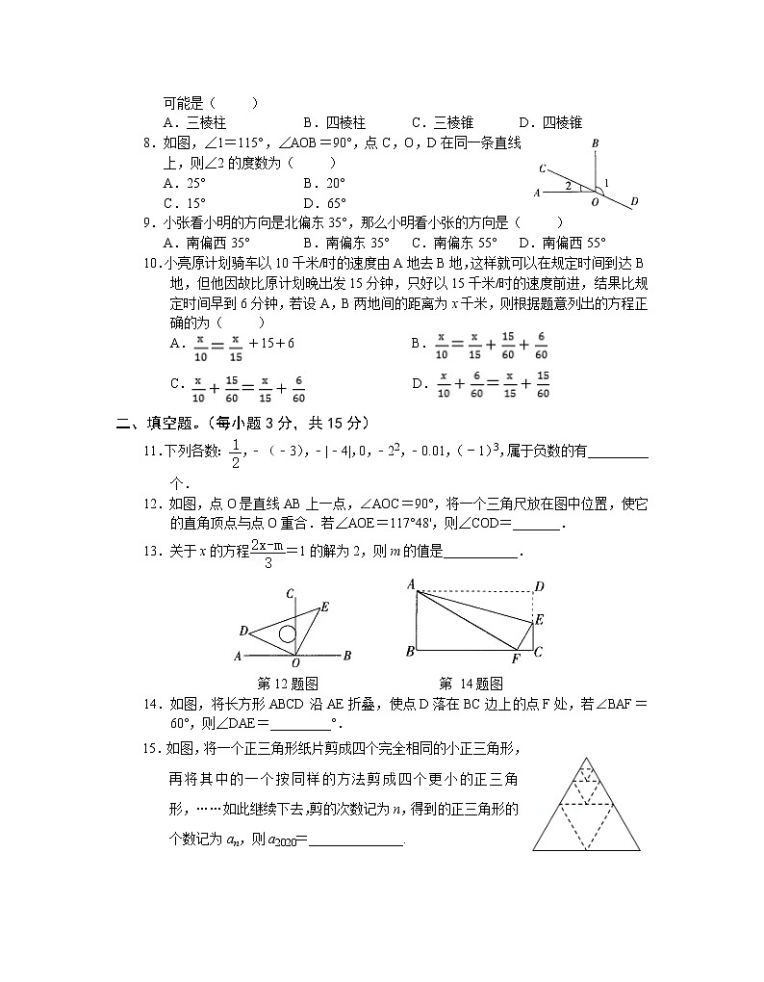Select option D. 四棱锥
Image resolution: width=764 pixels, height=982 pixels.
(x=550, y=122)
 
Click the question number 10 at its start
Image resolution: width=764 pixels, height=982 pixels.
(x=150, y=263)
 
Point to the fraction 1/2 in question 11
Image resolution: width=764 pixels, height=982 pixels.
(x=236, y=452)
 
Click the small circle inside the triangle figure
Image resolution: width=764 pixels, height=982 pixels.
(x=287, y=633)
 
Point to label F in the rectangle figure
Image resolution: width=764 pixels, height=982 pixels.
(x=515, y=659)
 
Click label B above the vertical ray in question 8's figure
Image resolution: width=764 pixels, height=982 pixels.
(x=597, y=143)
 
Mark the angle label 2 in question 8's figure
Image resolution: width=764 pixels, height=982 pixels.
(x=569, y=185)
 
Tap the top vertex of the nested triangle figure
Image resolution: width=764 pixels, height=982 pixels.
(x=586, y=758)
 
